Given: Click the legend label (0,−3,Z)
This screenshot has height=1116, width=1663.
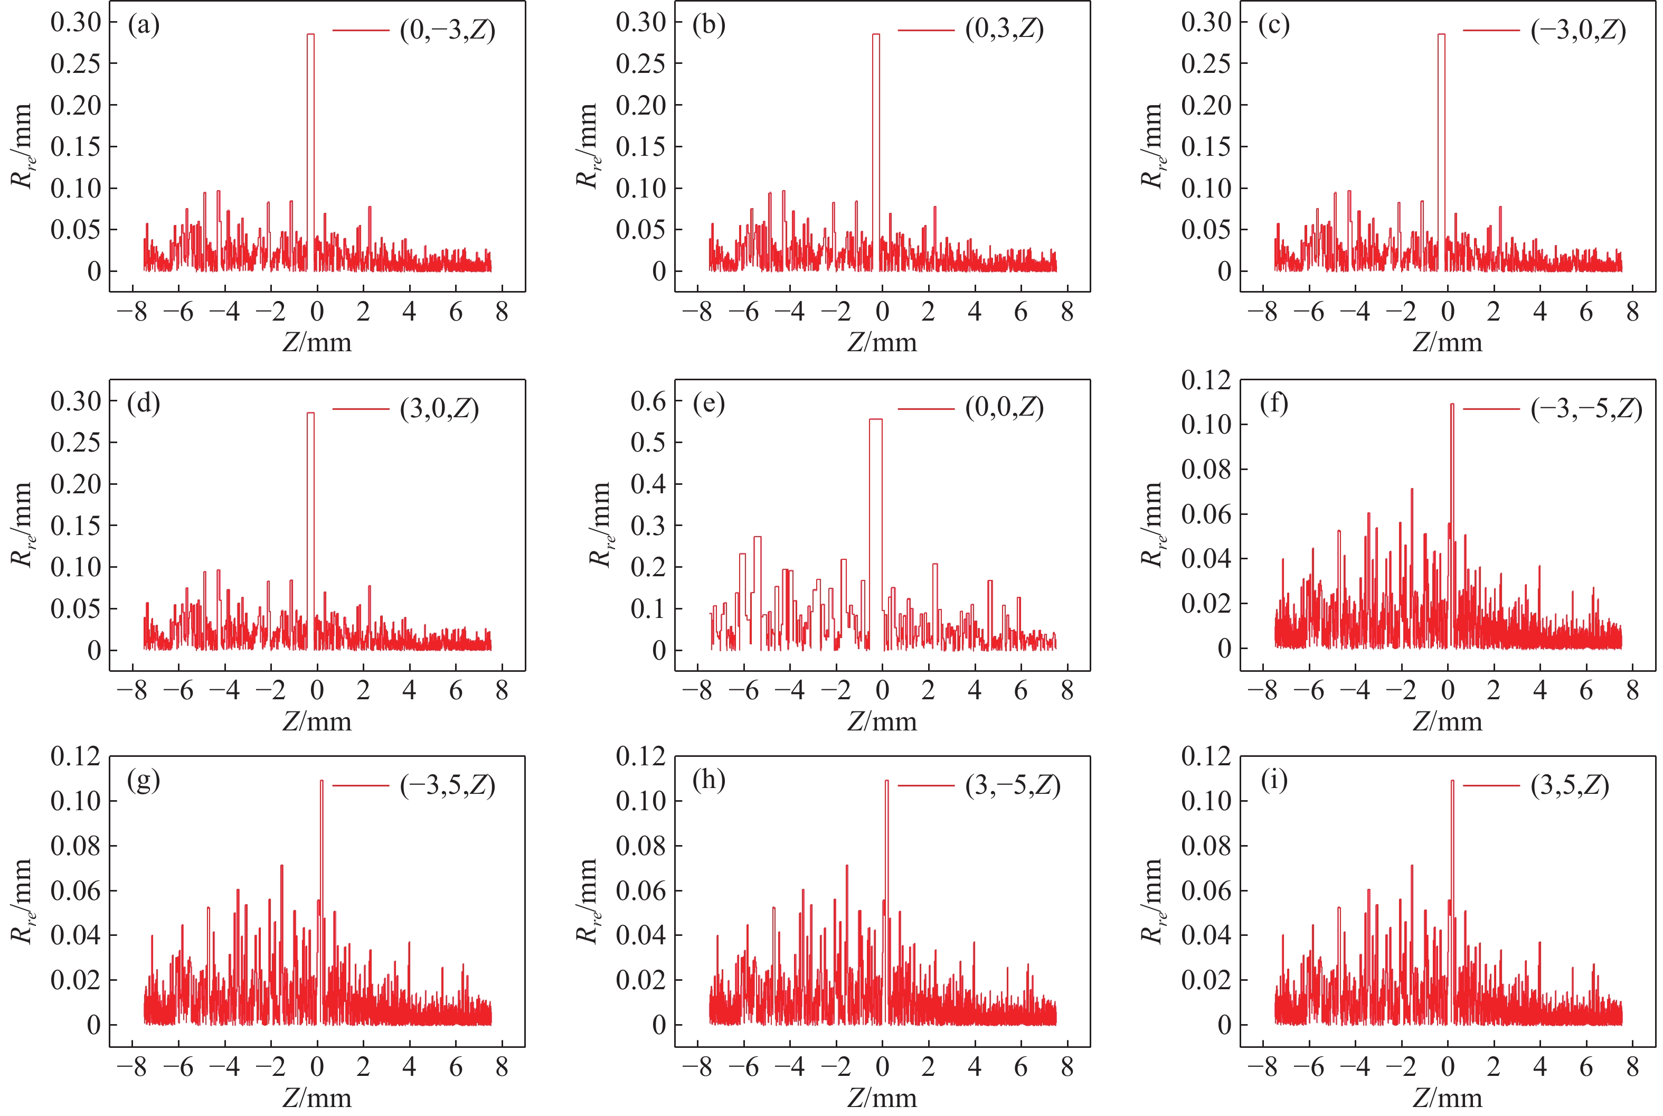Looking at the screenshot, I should point(447,31).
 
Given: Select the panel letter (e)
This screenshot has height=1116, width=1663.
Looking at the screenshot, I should point(708,404).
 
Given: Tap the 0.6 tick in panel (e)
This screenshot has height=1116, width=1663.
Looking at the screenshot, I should point(648,401).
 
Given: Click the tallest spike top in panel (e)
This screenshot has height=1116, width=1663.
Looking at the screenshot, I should point(876,419).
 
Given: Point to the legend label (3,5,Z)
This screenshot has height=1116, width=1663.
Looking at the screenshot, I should point(1570,785).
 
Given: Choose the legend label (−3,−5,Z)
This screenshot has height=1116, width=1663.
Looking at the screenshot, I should point(1586,409).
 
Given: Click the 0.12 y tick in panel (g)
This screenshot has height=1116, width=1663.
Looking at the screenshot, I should point(75,756).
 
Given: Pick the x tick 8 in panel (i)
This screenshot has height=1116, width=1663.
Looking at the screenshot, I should point(1632,1067).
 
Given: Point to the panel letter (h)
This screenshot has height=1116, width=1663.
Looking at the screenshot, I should point(708,781).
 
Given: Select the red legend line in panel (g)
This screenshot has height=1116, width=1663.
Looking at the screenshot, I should point(361,785).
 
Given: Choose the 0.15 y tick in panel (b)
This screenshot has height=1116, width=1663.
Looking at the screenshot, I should point(640,147).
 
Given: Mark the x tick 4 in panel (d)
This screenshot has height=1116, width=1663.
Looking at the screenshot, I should point(410,690).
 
